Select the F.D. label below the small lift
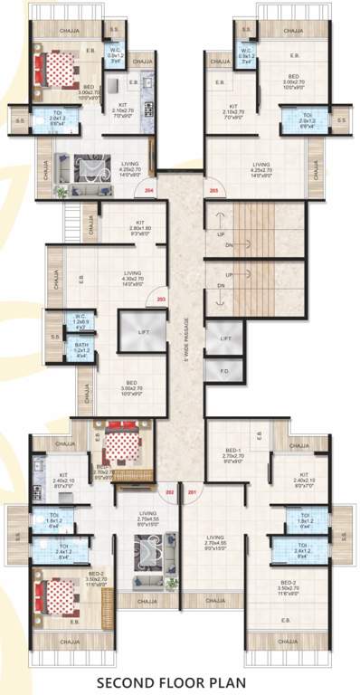coord(222,370)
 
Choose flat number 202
coord(169,492)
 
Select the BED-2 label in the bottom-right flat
coord(289,585)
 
